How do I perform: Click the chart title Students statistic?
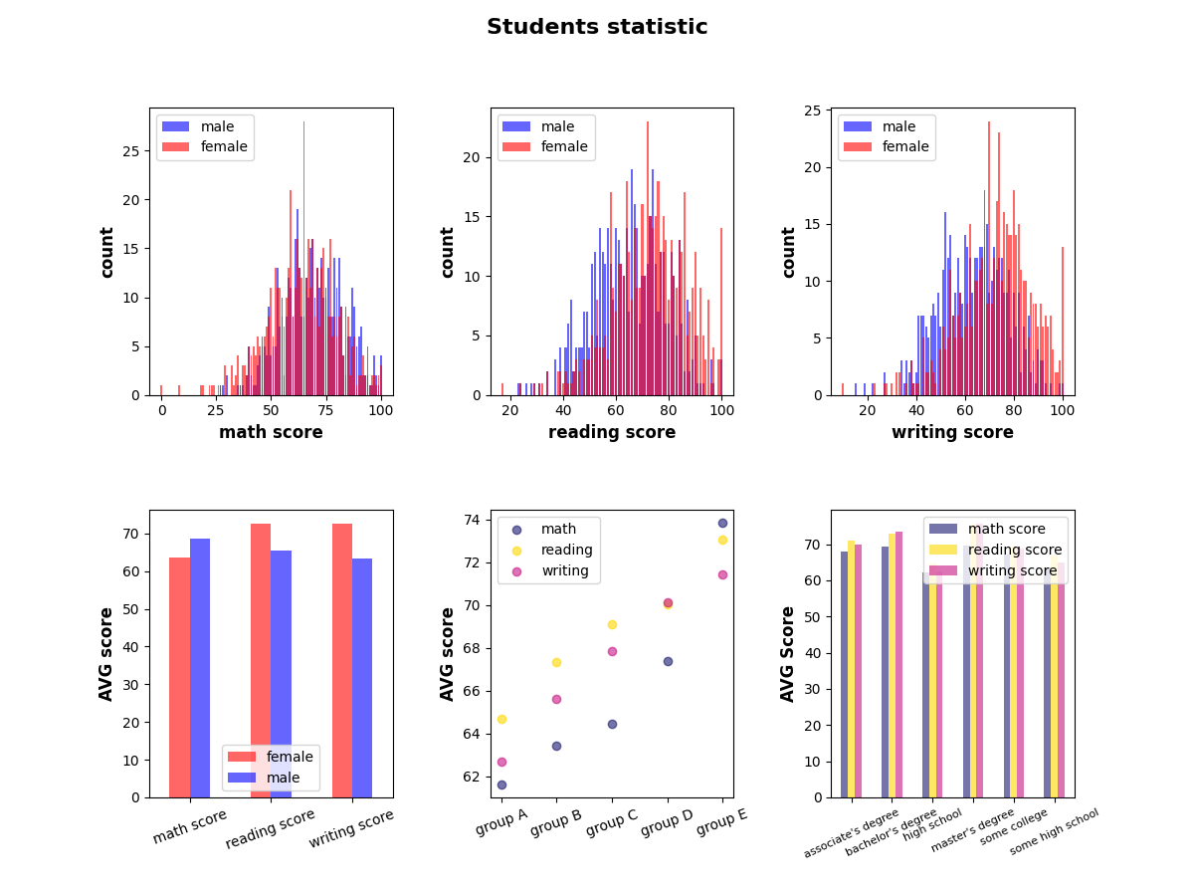(597, 28)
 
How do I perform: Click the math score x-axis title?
(271, 432)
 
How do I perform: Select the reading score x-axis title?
(612, 432)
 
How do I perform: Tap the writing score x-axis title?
(952, 432)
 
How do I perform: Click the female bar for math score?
(179, 677)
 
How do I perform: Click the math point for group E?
(722, 523)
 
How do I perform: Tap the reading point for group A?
(501, 719)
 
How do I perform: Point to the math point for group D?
(668, 661)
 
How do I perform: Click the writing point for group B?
(556, 699)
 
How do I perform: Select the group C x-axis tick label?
(611, 822)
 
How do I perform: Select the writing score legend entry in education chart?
(1015, 570)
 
